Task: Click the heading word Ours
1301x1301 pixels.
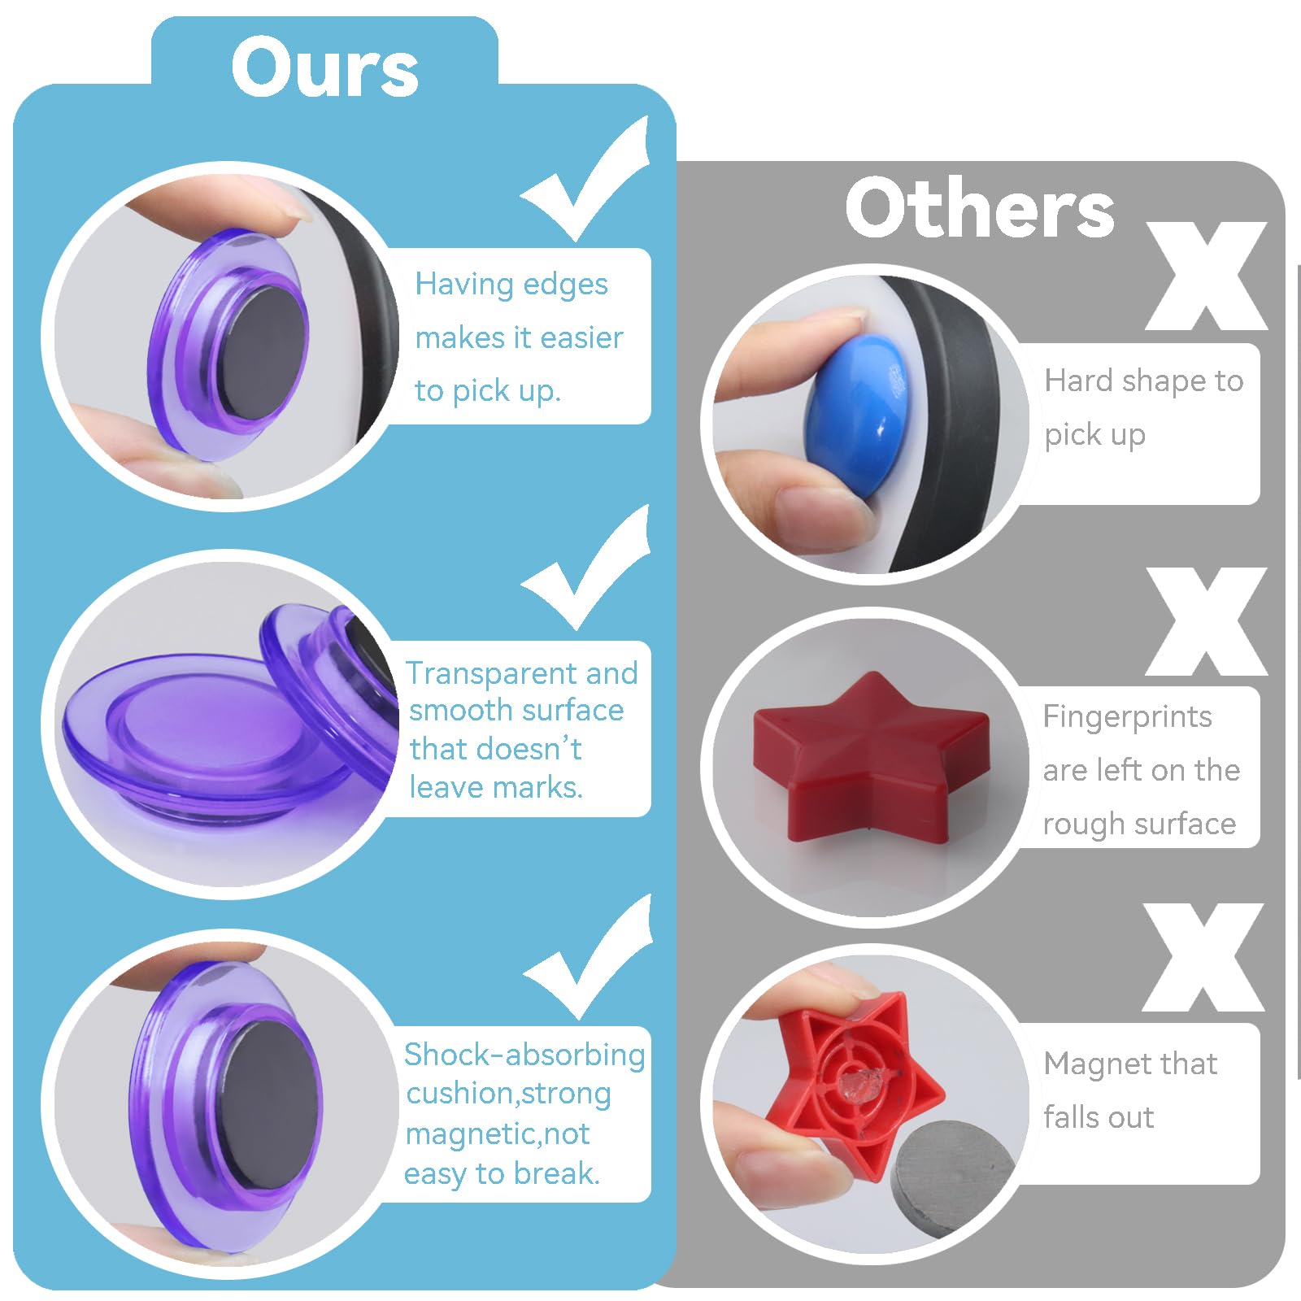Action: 324,67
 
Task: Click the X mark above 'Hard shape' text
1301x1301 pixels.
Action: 1207,276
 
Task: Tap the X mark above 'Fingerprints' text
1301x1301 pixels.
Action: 1207,621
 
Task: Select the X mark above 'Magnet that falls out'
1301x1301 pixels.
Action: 1203,957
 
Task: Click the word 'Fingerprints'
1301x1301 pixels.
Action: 1127,717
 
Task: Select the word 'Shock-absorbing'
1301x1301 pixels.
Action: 524,1055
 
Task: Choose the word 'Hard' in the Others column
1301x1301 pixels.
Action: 1078,381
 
